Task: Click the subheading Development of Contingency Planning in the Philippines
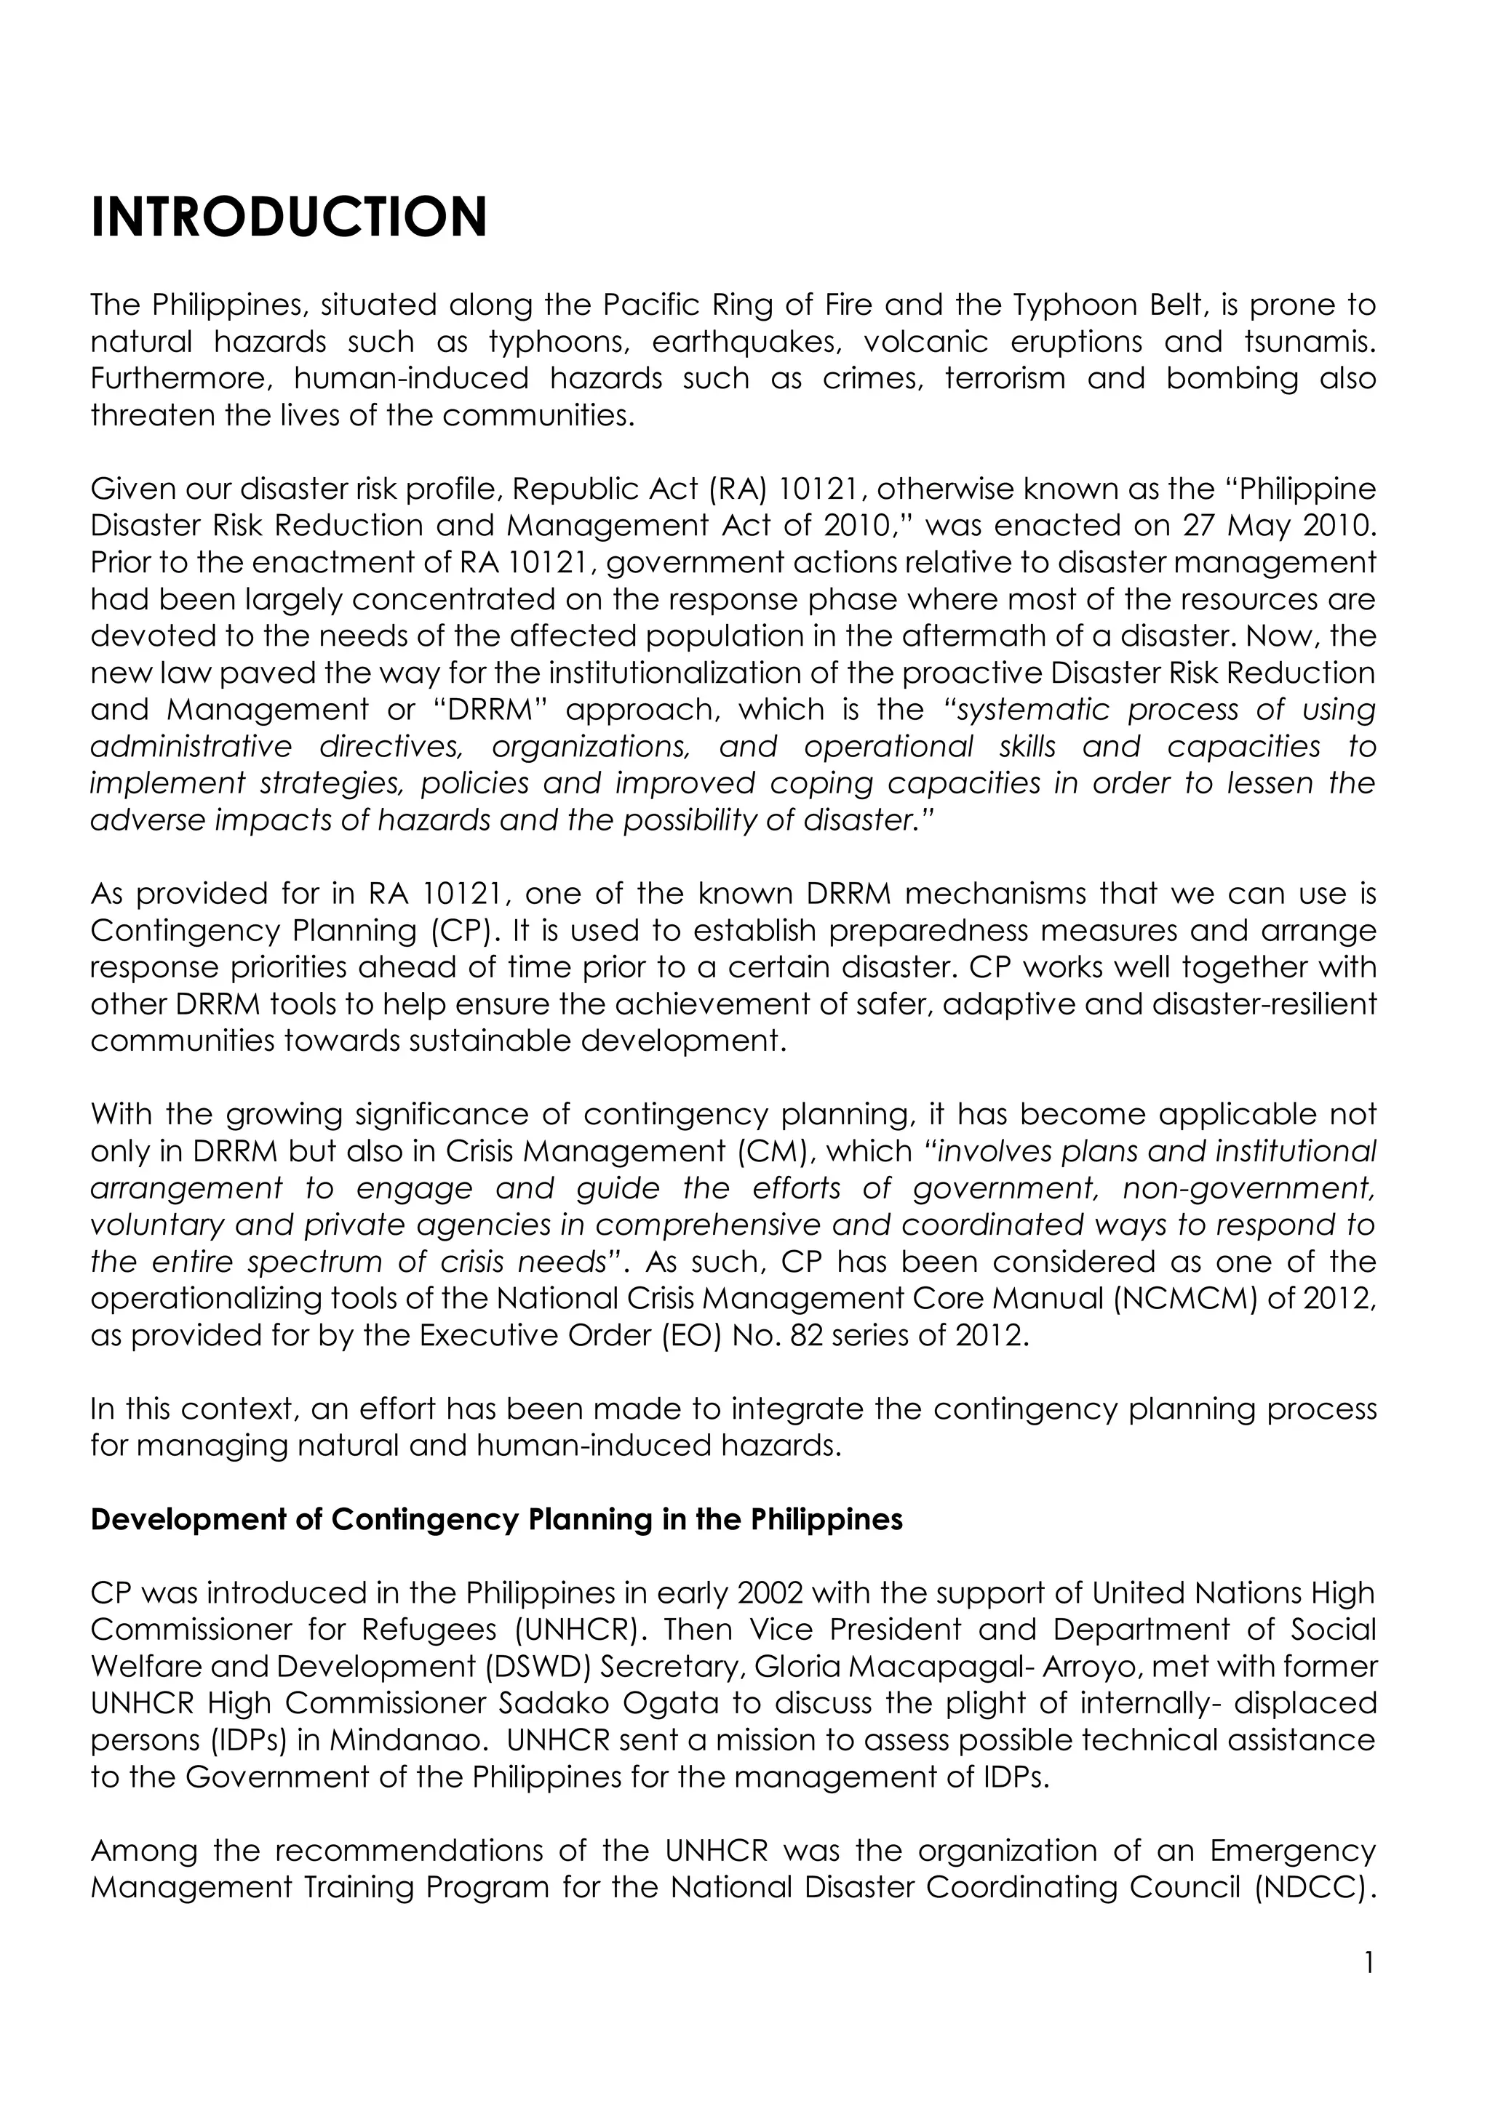tap(496, 1520)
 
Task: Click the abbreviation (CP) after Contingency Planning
tap(466, 931)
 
